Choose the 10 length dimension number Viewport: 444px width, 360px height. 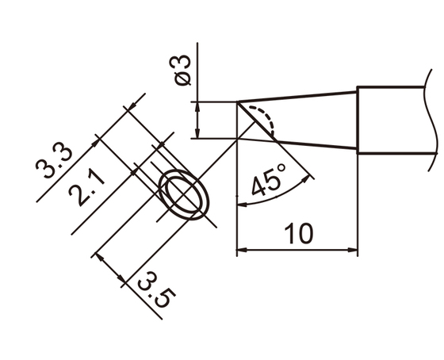tap(298, 234)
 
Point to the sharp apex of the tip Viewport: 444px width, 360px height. tap(238, 101)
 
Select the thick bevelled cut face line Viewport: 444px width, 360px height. tap(258, 121)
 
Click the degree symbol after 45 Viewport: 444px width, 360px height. tap(282, 173)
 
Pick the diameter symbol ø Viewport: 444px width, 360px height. tap(182, 81)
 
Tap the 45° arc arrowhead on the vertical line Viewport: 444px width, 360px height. tap(240, 205)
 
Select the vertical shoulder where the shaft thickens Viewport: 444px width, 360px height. tap(358, 120)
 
